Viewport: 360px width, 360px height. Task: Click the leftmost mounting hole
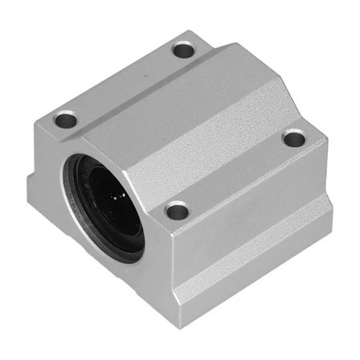(x=65, y=122)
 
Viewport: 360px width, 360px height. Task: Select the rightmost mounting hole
(x=294, y=138)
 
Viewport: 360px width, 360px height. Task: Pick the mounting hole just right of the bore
(x=177, y=211)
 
